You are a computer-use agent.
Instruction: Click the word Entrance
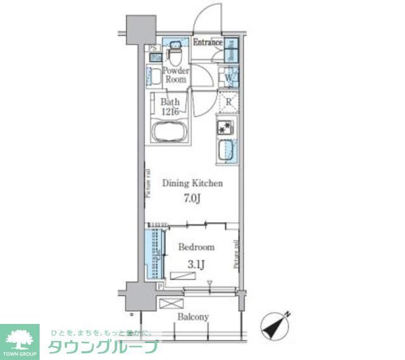[207, 43]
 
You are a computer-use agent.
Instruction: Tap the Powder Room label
[176, 75]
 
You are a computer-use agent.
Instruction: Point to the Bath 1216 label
[170, 106]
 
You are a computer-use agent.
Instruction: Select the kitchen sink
[226, 151]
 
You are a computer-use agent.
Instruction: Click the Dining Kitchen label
[192, 184]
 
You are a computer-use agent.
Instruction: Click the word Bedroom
[196, 247]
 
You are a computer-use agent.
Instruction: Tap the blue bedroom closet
[152, 253]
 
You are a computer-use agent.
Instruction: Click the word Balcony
[192, 316]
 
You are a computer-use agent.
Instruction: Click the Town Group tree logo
[20, 337]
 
